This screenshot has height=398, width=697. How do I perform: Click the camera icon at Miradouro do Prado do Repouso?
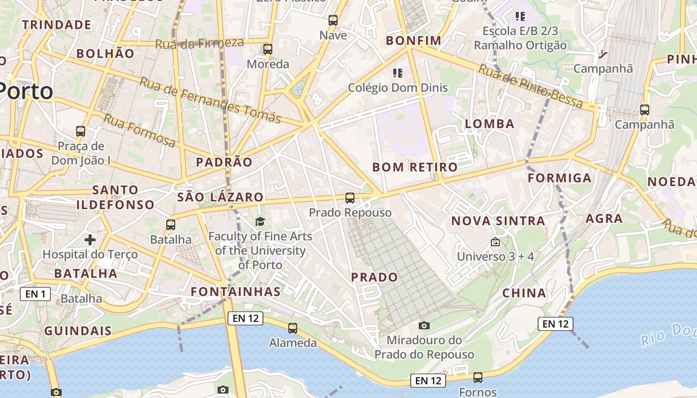[x=424, y=325]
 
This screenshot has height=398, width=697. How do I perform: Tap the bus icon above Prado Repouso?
[x=350, y=198]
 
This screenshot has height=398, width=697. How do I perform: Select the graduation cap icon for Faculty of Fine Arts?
[x=260, y=221]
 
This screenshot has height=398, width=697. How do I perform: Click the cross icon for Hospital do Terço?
[x=90, y=240]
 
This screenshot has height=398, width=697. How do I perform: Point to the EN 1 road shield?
[x=35, y=294]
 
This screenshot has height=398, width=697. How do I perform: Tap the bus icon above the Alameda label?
[x=293, y=328]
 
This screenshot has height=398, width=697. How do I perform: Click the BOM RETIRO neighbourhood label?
[x=415, y=167]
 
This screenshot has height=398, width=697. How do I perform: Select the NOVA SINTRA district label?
[x=498, y=221]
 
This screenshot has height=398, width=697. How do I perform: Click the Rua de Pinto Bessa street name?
[x=530, y=86]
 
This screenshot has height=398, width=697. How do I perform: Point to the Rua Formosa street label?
[x=139, y=130]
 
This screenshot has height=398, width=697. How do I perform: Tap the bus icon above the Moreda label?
[x=268, y=49]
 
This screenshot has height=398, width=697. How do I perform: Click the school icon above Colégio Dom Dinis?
[x=397, y=73]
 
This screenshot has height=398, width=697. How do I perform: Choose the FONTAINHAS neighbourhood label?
[x=236, y=292]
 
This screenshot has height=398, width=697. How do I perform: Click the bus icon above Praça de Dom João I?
[x=81, y=131]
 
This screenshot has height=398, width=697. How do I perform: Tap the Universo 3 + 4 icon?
[x=495, y=242]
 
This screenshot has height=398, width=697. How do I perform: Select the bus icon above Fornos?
[x=478, y=378]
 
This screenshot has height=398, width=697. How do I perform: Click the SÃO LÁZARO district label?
[x=220, y=197]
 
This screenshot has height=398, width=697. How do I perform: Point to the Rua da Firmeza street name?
[x=199, y=43]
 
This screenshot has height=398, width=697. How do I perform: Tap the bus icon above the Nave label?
[x=333, y=20]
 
